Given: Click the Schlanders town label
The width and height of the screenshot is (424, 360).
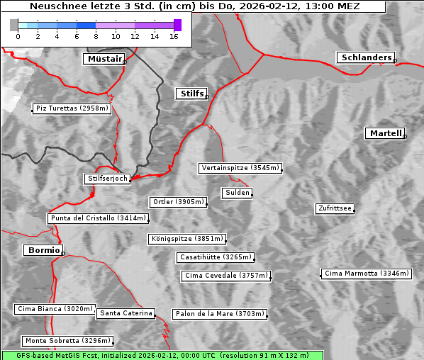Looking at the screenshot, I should [x=365, y=57].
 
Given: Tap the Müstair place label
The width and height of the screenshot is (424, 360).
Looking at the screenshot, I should [x=104, y=59].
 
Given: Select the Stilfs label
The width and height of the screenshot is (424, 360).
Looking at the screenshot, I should [x=191, y=94].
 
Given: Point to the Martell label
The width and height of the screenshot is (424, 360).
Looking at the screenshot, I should [x=385, y=133].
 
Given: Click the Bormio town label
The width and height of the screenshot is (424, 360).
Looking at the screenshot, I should [x=43, y=250].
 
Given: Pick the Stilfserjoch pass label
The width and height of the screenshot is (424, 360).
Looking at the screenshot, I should [x=107, y=179].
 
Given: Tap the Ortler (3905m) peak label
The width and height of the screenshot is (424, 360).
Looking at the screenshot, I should [x=178, y=202].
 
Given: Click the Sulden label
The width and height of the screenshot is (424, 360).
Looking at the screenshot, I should [x=237, y=193].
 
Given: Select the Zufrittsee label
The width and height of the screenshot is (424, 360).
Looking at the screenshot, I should [x=335, y=208].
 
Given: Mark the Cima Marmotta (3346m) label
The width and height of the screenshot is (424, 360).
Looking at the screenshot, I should [x=367, y=274].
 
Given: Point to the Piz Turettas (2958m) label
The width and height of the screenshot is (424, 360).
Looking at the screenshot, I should [x=72, y=108].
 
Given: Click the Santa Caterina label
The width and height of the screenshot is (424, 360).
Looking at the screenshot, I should [x=125, y=313].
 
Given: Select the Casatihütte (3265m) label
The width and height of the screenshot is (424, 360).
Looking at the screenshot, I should [x=215, y=257].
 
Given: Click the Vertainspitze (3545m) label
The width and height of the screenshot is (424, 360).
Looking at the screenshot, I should [x=240, y=168].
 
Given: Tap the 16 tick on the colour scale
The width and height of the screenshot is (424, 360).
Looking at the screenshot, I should [x=174, y=36].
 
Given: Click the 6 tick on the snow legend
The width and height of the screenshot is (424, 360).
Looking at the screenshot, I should [x=76, y=36].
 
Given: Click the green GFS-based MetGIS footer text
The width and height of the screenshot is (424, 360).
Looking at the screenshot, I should [x=162, y=355].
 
